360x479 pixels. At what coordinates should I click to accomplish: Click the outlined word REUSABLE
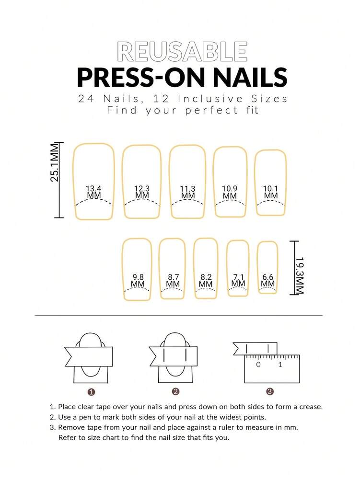pos(182,52)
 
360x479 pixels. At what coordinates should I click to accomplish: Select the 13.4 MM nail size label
pos(94,192)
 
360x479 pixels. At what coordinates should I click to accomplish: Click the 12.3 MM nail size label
pos(142,192)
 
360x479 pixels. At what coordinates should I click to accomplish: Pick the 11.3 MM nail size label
pos(188,192)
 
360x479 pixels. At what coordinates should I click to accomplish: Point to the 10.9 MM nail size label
pos(230,192)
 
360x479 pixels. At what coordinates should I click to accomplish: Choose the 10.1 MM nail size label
pos(271,192)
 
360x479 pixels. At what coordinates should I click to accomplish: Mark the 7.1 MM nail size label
pos(238,280)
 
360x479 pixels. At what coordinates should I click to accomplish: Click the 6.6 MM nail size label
pos(268,280)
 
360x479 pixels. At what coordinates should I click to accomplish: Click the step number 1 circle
pos(91,391)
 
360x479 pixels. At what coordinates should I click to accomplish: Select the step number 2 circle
pos(176,391)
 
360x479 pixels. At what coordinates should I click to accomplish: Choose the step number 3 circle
pos(270,391)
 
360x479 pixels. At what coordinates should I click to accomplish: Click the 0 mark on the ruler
pos(258,365)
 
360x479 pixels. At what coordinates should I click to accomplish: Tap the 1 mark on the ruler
pos(280,365)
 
